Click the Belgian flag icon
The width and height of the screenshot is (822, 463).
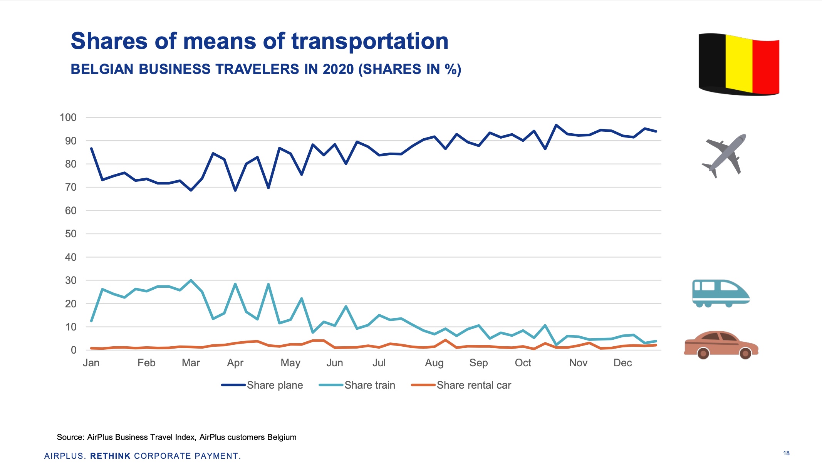[x=738, y=64]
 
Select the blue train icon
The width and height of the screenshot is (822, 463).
[x=720, y=293]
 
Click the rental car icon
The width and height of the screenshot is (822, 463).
[x=721, y=344]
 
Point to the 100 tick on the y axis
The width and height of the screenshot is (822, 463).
[x=68, y=117]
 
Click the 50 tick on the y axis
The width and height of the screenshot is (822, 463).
[x=70, y=234]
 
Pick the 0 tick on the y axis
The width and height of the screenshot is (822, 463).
[x=74, y=350]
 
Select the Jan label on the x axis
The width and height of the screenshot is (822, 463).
[x=91, y=363]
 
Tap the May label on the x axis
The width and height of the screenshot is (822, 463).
[x=290, y=363]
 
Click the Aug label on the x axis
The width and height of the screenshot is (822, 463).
[x=434, y=363]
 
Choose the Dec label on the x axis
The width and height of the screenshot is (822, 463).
[x=622, y=363]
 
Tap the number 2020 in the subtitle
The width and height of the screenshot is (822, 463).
[x=338, y=69]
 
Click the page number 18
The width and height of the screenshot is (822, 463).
[x=786, y=453]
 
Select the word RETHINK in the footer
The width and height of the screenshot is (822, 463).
[x=110, y=456]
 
